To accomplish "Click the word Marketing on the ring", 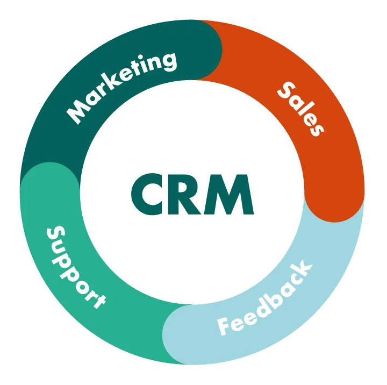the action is click(x=121, y=87).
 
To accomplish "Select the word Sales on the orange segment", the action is click(x=300, y=109).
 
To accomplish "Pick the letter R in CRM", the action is click(x=184, y=194).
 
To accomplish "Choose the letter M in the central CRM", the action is click(x=229, y=194).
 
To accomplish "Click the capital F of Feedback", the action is click(x=225, y=326).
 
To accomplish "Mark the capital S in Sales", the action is click(x=286, y=90).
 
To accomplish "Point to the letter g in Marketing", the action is click(x=167, y=62).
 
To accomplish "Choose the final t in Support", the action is click(x=98, y=301).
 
